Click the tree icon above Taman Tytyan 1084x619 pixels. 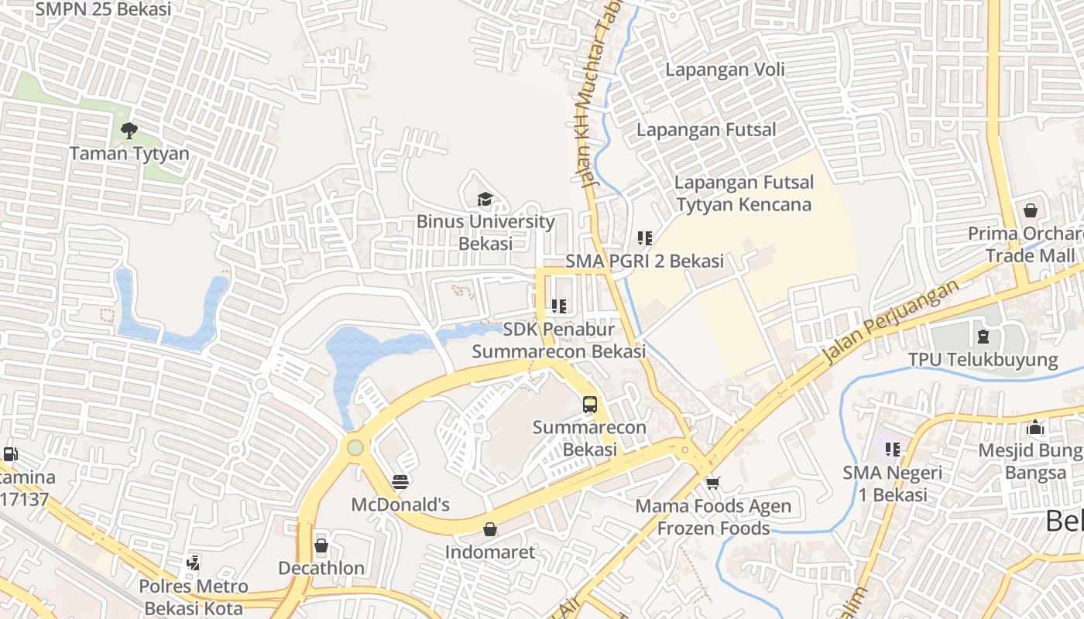pyautogui.click(x=129, y=130)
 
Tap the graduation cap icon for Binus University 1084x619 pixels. pyautogui.click(x=485, y=200)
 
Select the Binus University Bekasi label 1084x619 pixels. pyautogui.click(x=485, y=232)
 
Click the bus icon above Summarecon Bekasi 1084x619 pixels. pyautogui.click(x=590, y=404)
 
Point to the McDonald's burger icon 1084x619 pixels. pyautogui.click(x=400, y=482)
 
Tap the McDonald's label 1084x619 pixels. pyautogui.click(x=400, y=505)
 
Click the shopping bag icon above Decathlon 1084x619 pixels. pyautogui.click(x=321, y=545)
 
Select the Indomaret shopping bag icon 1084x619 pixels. pyautogui.click(x=489, y=529)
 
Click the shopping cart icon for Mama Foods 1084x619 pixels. pyautogui.click(x=712, y=483)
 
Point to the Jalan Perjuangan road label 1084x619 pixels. pyautogui.click(x=890, y=321)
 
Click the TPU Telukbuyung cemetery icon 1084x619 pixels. pyautogui.click(x=983, y=337)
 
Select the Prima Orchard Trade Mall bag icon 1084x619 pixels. pyautogui.click(x=1031, y=210)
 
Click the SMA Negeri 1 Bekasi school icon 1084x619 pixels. pyautogui.click(x=893, y=449)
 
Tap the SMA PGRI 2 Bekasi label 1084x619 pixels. pyautogui.click(x=644, y=261)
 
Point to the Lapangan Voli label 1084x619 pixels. pyautogui.click(x=725, y=70)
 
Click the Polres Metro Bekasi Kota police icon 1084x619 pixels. pyautogui.click(x=194, y=563)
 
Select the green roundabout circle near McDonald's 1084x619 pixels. pyautogui.click(x=355, y=447)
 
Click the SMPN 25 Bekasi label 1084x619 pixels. pyautogui.click(x=104, y=9)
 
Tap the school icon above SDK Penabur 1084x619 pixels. pyautogui.click(x=559, y=306)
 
